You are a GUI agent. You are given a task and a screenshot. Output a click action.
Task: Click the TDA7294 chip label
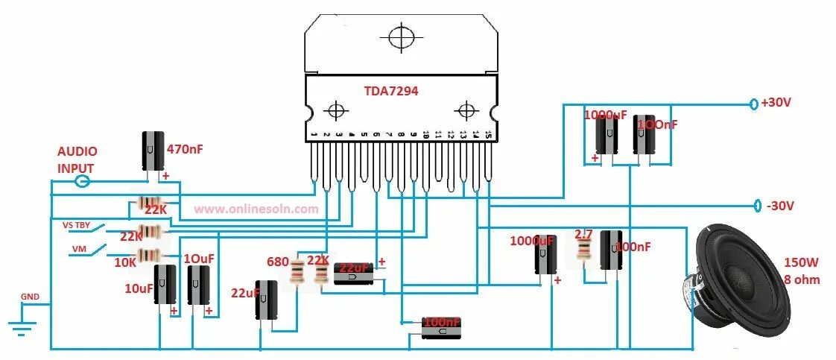coord(390,91)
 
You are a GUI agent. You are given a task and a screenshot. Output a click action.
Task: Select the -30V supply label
coord(779,206)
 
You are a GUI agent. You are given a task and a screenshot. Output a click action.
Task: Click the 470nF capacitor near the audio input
coord(153,151)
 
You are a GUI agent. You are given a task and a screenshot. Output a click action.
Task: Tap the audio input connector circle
coord(83,181)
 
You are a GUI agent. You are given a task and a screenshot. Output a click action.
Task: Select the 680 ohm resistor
coord(298,274)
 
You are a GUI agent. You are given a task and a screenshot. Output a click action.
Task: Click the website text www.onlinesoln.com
coord(256,209)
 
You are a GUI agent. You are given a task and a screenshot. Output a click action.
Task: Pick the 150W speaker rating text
coord(801,262)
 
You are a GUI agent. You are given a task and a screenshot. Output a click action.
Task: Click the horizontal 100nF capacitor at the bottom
coord(440,329)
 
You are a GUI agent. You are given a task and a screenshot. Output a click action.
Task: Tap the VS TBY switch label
coord(78,224)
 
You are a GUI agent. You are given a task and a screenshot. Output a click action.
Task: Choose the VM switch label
coord(78,248)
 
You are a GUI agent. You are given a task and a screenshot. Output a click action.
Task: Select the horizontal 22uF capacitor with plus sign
coord(354,274)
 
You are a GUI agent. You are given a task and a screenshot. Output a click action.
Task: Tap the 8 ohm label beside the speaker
coord(801,280)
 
